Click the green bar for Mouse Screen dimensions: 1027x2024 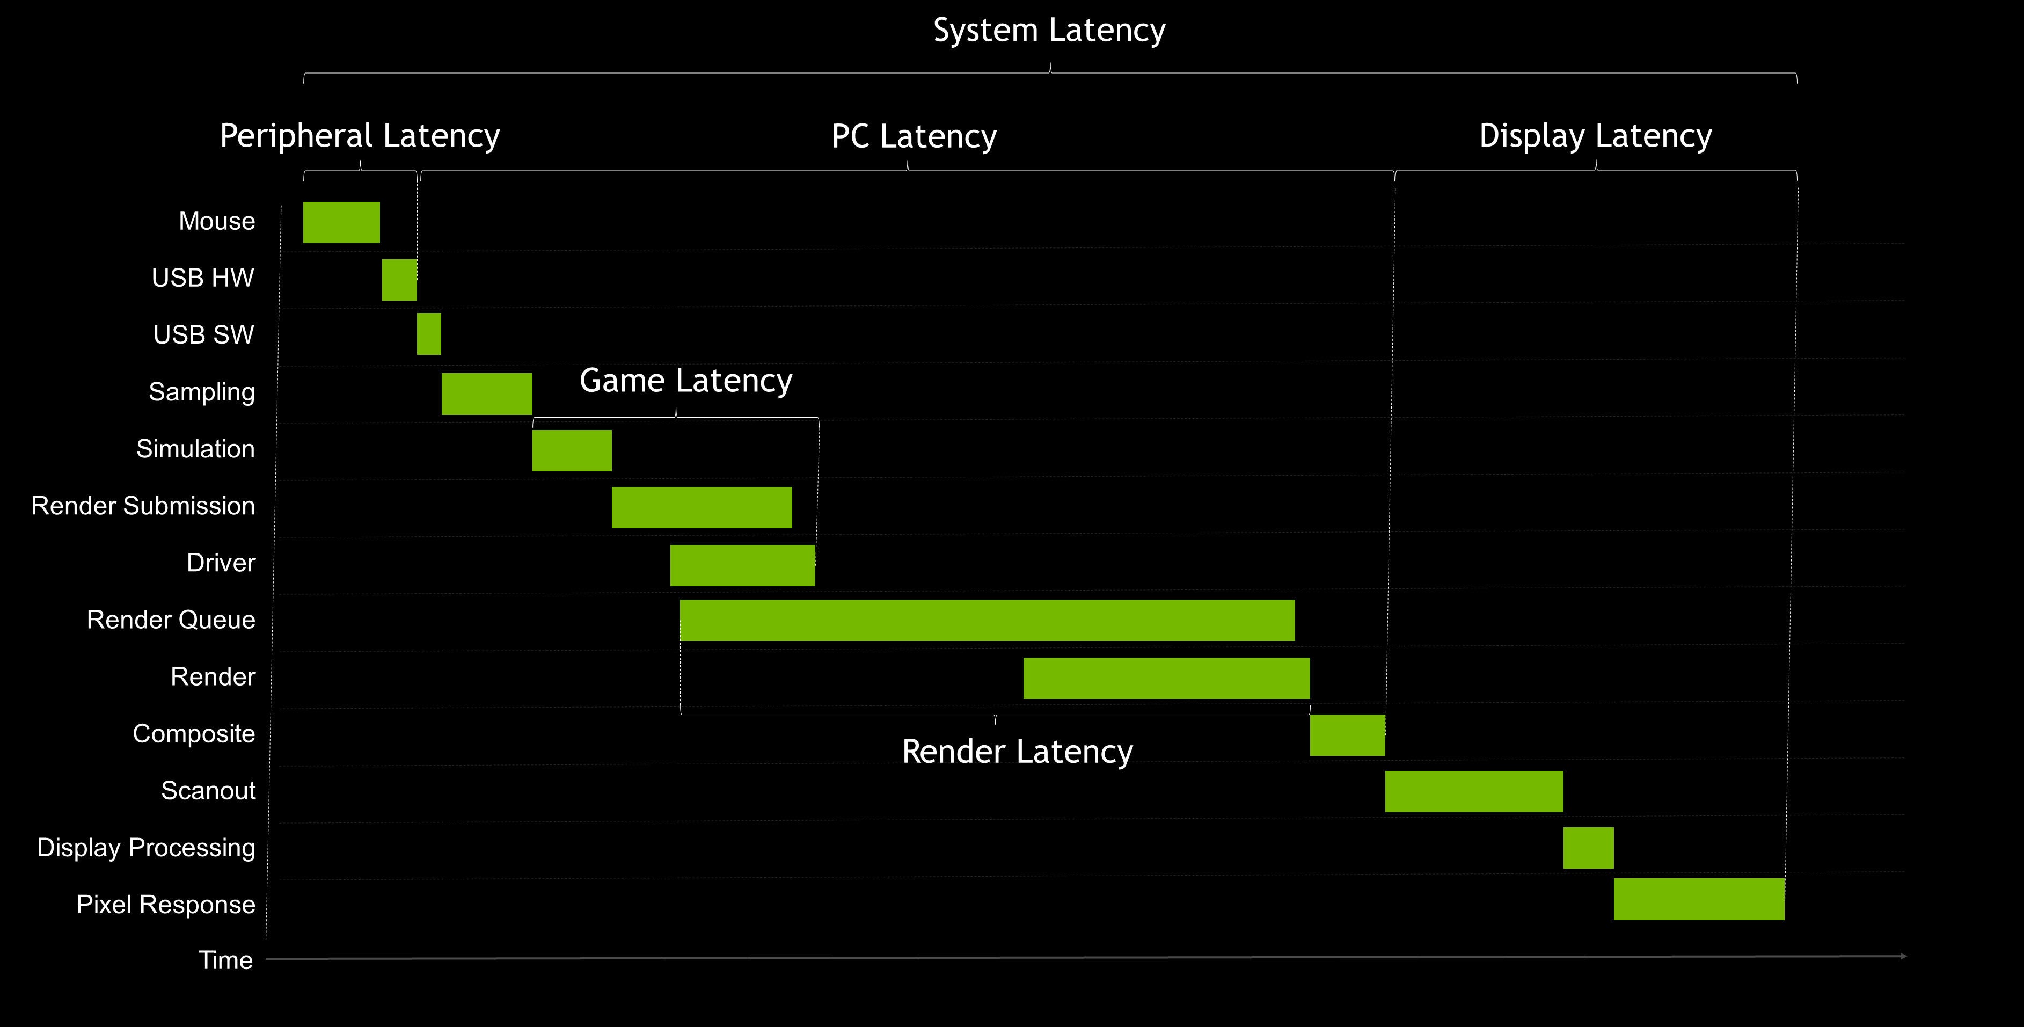pyautogui.click(x=341, y=222)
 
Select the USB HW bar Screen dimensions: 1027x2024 pyautogui.click(x=399, y=280)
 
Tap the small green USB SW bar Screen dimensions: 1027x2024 pyautogui.click(x=429, y=334)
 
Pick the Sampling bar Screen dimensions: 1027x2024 pyautogui.click(x=486, y=394)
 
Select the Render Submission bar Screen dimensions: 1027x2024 pyautogui.click(x=702, y=508)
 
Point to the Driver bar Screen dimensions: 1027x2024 pyautogui.click(x=742, y=565)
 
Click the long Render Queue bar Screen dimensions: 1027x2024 pyautogui.click(x=987, y=620)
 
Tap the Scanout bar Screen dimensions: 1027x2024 pyautogui.click(x=1474, y=791)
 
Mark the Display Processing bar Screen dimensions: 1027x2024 pyautogui.click(x=1588, y=848)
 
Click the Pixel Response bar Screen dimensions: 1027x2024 pyautogui.click(x=1699, y=899)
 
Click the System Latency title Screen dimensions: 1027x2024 pyautogui.click(x=1049, y=31)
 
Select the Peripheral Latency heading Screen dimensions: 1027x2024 pyautogui.click(x=360, y=136)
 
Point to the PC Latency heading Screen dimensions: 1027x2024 pyautogui.click(x=914, y=137)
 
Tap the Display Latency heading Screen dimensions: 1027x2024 pyautogui.click(x=1595, y=136)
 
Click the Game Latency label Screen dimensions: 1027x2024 pyautogui.click(x=686, y=381)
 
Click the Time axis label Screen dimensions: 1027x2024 pyautogui.click(x=225, y=960)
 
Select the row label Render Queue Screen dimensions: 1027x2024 pyautogui.click(x=171, y=620)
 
